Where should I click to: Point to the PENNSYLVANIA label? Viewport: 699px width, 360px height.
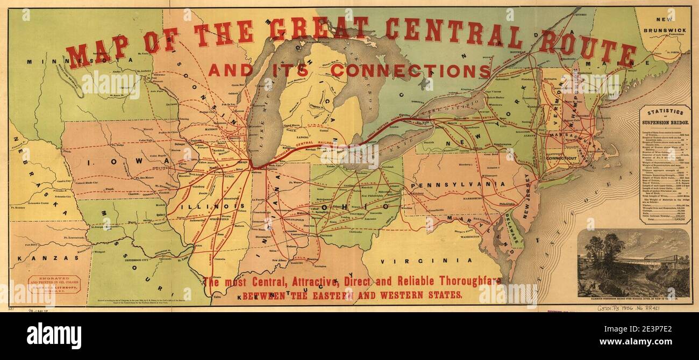click(457, 185)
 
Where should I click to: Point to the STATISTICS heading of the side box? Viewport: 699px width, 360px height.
click(665, 112)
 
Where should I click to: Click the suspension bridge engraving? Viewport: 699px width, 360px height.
click(633, 263)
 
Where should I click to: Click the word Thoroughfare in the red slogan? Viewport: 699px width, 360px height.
click(465, 281)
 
